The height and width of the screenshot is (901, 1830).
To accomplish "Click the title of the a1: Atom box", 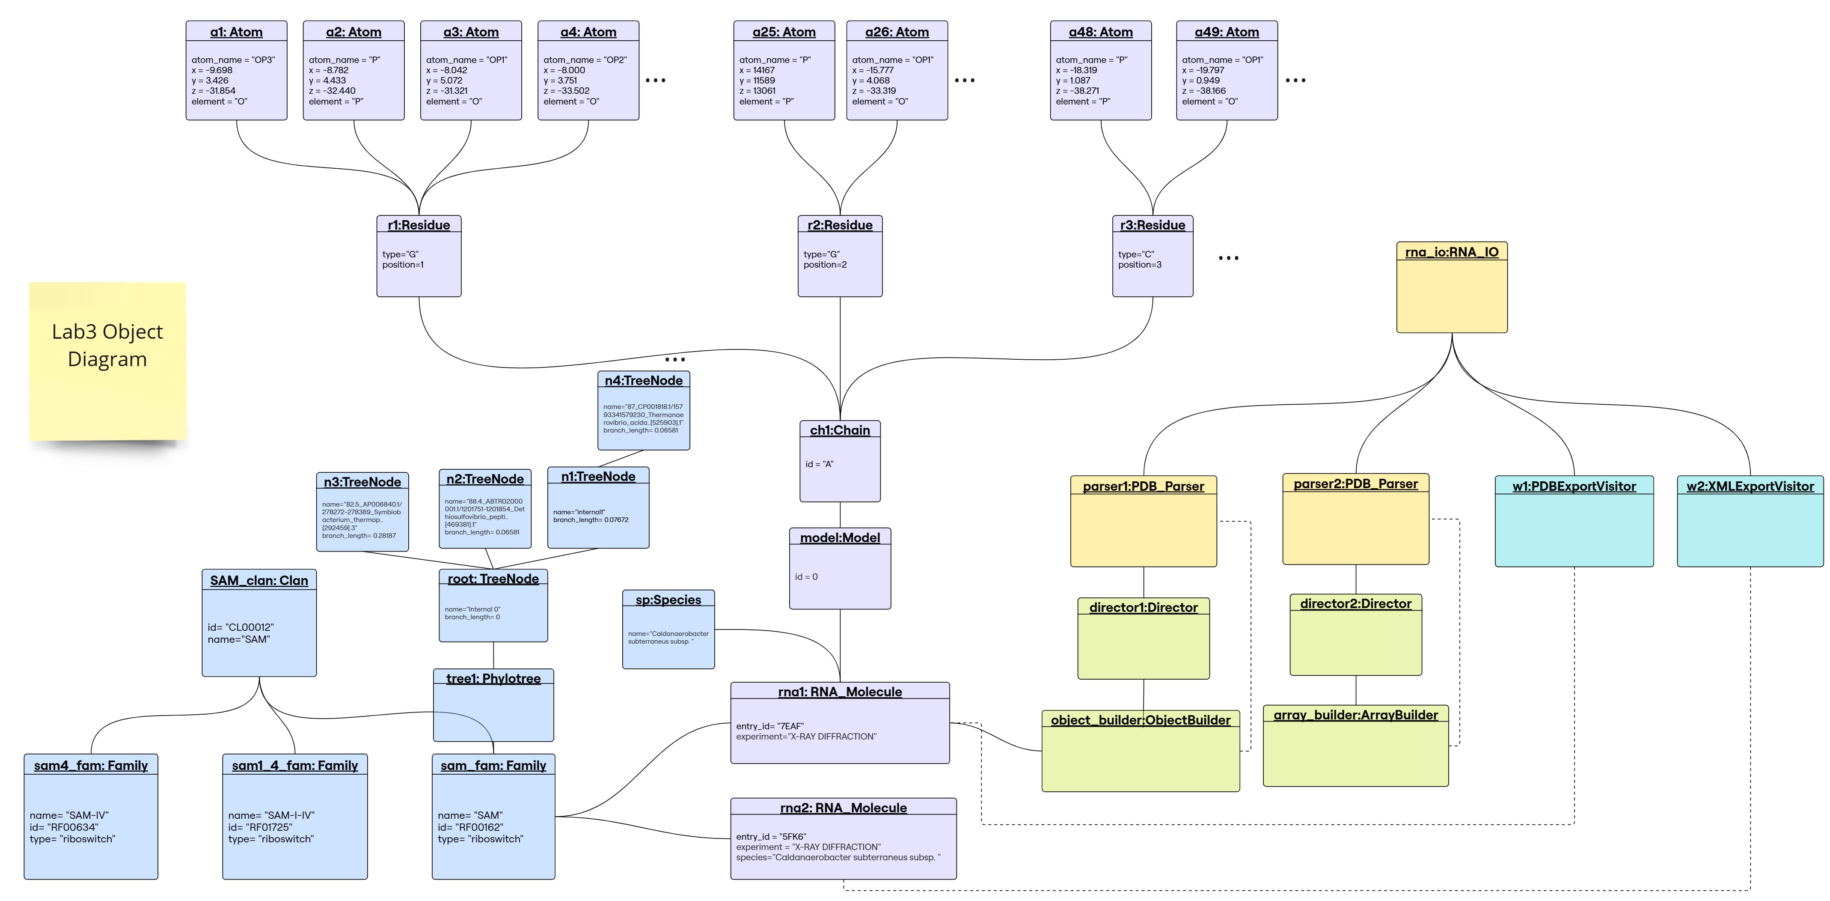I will [x=236, y=32].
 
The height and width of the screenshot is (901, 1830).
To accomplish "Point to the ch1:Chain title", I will [x=840, y=430].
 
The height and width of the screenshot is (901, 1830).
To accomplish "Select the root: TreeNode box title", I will [x=493, y=579].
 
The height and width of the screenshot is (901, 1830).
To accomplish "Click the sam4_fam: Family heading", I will [x=91, y=765].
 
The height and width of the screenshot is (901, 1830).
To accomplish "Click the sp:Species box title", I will [x=668, y=600].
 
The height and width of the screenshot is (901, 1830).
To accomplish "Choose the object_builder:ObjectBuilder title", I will [x=1140, y=720].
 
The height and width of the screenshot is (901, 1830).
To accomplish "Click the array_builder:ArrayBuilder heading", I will [x=1355, y=715].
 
